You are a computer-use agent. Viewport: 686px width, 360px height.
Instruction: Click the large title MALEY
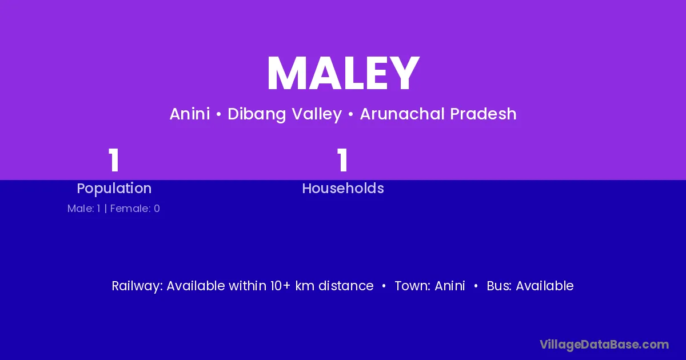coord(343,73)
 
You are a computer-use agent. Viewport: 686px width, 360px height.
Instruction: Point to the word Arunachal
coord(402,114)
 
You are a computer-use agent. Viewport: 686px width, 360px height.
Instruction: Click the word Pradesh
coord(483,114)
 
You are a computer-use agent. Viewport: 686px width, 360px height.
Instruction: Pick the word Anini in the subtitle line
coord(190,114)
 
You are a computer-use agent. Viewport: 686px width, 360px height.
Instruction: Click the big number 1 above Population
coord(114,160)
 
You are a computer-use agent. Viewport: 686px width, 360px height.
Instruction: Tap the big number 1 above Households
coord(342,160)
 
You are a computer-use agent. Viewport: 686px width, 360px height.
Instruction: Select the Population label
coord(114,189)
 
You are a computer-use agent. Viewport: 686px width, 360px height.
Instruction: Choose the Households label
coord(343,188)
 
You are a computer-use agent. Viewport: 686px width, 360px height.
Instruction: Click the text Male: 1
coord(84,209)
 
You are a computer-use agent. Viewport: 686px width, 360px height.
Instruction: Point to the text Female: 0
coord(135,209)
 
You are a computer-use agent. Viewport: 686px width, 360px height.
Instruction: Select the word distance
coord(346,286)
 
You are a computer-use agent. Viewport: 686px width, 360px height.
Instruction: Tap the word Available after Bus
coord(545,286)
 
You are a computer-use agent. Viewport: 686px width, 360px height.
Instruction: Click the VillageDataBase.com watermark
coord(604,345)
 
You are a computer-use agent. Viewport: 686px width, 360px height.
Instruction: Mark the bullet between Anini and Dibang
coord(218,114)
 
